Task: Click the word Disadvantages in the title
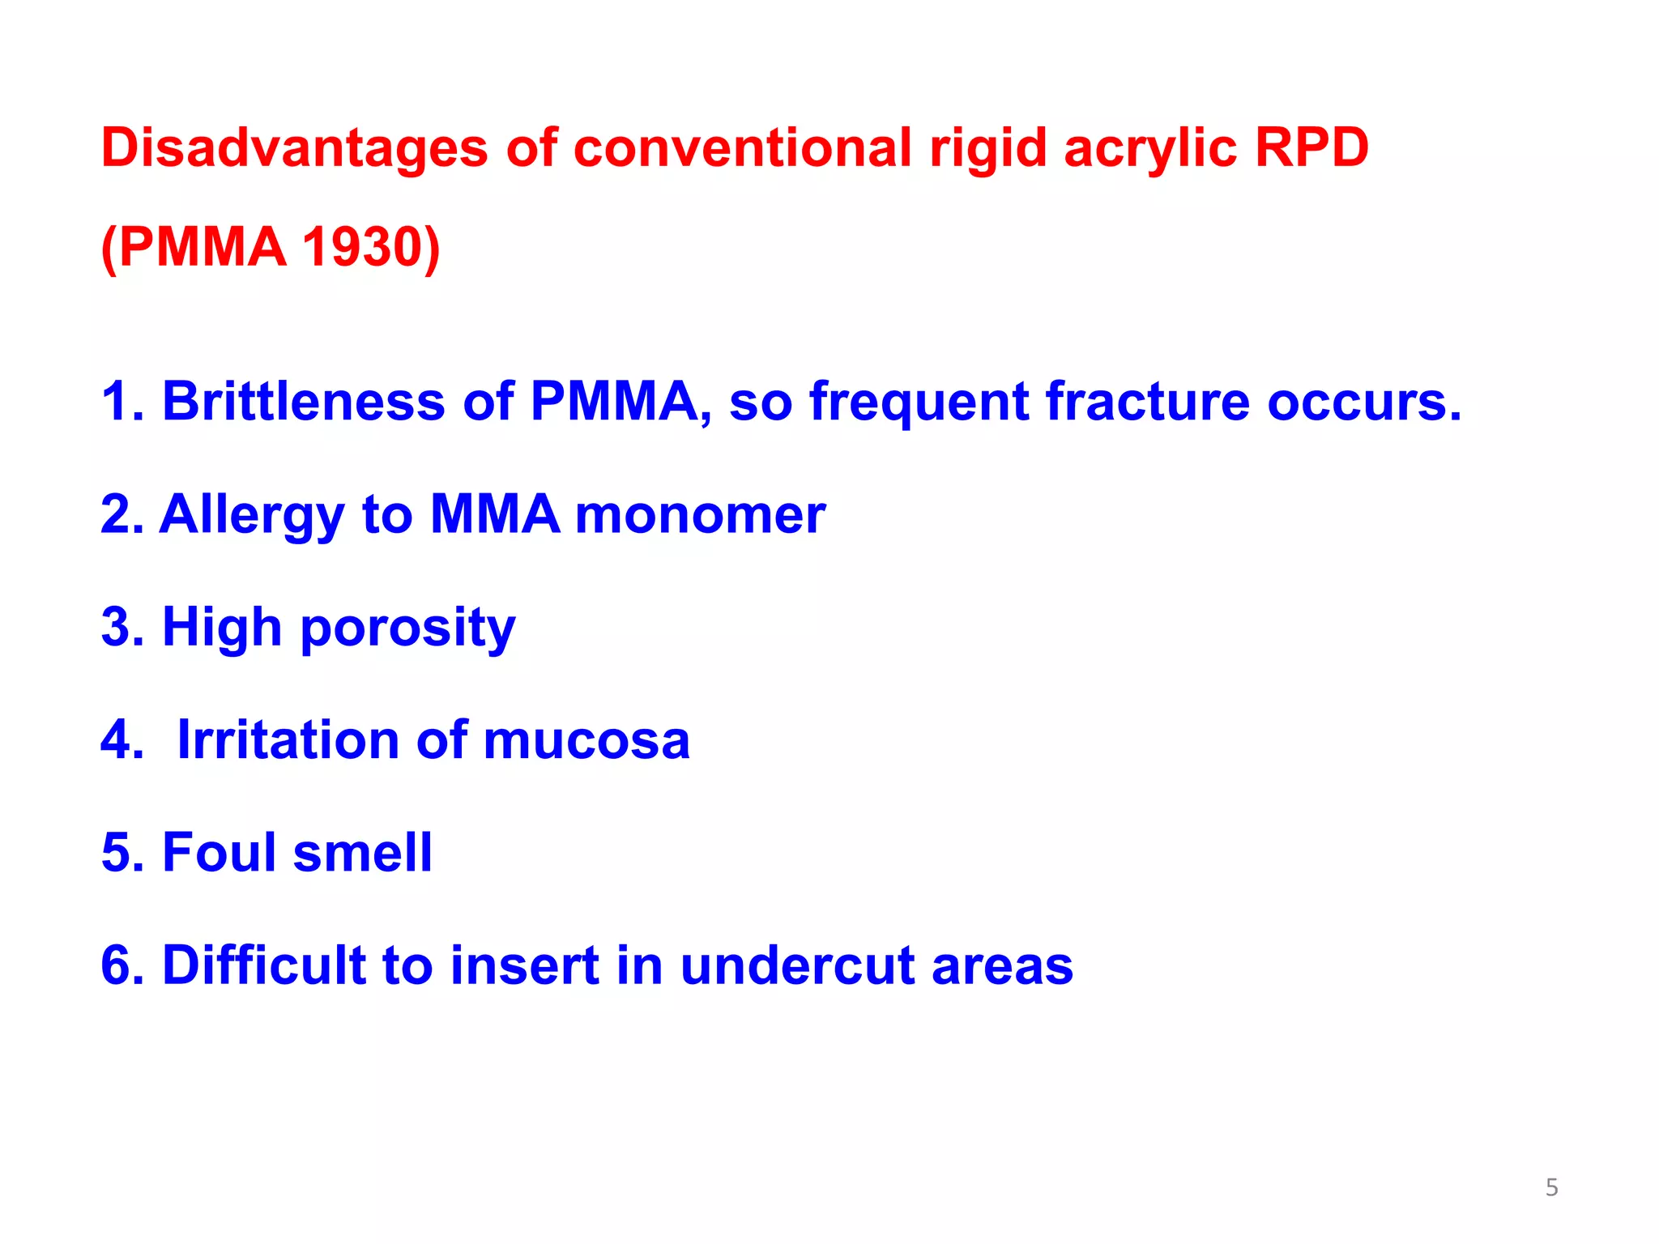pyautogui.click(x=294, y=148)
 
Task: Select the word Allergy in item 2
pyautogui.click(x=251, y=515)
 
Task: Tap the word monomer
pyautogui.click(x=700, y=515)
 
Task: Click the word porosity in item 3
pyautogui.click(x=407, y=629)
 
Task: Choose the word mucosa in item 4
pyautogui.click(x=586, y=740)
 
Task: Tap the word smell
pyautogui.click(x=362, y=853)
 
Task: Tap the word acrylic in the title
pyautogui.click(x=1150, y=150)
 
